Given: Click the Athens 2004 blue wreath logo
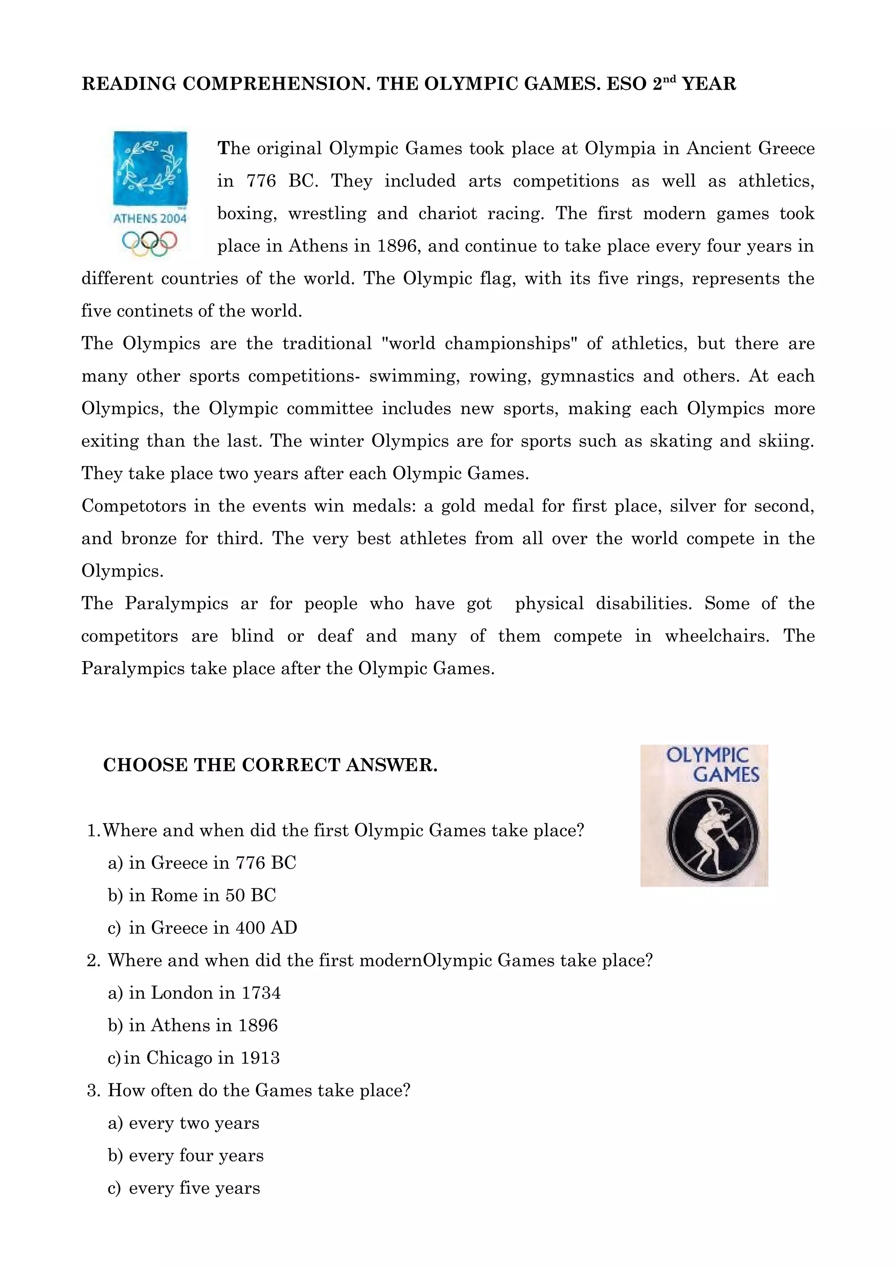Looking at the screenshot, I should click(x=150, y=168).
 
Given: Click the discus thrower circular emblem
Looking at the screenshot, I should click(x=712, y=836).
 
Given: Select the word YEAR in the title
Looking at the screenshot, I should click(x=709, y=84).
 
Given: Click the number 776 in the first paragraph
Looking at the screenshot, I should click(x=261, y=181).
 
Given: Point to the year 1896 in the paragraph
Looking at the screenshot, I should click(x=396, y=246).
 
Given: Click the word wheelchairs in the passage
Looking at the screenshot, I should click(x=716, y=636).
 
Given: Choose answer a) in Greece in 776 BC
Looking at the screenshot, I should click(x=202, y=863).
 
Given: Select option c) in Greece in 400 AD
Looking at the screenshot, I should click(x=202, y=928).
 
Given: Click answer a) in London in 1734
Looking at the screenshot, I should click(x=194, y=993).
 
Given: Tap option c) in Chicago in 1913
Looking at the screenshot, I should click(x=194, y=1058).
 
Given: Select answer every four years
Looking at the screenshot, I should click(x=186, y=1156).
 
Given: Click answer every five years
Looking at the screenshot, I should click(x=184, y=1189).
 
